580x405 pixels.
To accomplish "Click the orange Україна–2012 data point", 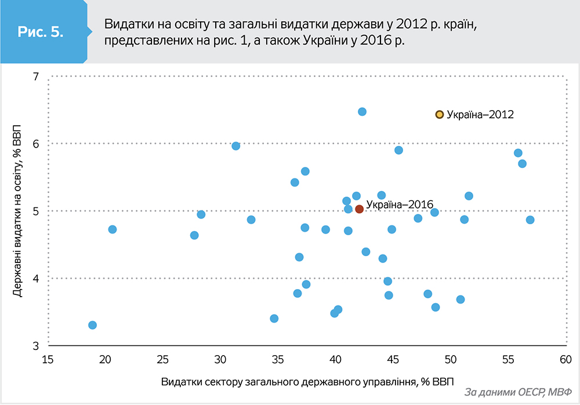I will click(x=440, y=115).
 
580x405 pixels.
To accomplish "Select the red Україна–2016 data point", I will click(x=359, y=209).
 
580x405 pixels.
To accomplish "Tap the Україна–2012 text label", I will click(x=480, y=115).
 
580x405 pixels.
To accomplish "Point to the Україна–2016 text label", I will click(x=400, y=205).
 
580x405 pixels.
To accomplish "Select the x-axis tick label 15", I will click(x=48, y=359).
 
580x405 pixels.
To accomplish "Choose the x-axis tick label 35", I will click(x=278, y=359).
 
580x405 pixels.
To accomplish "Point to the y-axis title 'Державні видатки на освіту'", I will click(x=18, y=211).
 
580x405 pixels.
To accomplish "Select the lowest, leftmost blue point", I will click(x=92, y=325).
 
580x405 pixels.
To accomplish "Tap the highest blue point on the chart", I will click(x=362, y=111).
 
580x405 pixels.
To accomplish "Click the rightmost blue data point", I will click(x=530, y=220).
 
